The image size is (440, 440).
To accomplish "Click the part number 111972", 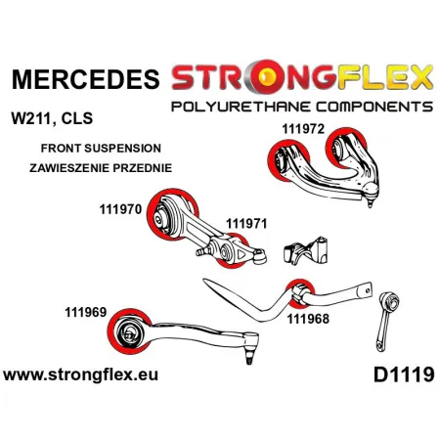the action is pyautogui.click(x=303, y=129).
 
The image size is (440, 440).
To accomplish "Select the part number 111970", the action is pyautogui.click(x=120, y=209).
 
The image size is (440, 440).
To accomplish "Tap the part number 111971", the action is pyautogui.click(x=246, y=224).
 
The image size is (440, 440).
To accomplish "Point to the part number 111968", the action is pyautogui.click(x=308, y=319).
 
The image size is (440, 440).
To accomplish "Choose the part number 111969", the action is pyautogui.click(x=86, y=312).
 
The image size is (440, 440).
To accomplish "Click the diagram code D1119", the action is pyautogui.click(x=404, y=374).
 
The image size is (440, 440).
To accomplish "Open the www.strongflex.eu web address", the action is pyautogui.click(x=80, y=374).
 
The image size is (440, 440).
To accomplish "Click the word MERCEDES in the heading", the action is pyautogui.click(x=85, y=79).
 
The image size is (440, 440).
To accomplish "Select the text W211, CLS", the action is pyautogui.click(x=52, y=118).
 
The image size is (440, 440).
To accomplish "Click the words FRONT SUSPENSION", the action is pyautogui.click(x=101, y=149).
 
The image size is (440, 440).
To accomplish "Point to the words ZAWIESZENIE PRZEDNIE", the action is pyautogui.click(x=101, y=168).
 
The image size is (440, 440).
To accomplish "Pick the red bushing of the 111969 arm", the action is pyautogui.click(x=112, y=332).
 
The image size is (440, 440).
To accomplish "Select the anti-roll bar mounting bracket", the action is pyautogui.click(x=305, y=250).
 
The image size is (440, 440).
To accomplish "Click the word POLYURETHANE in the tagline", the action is pyautogui.click(x=240, y=107).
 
